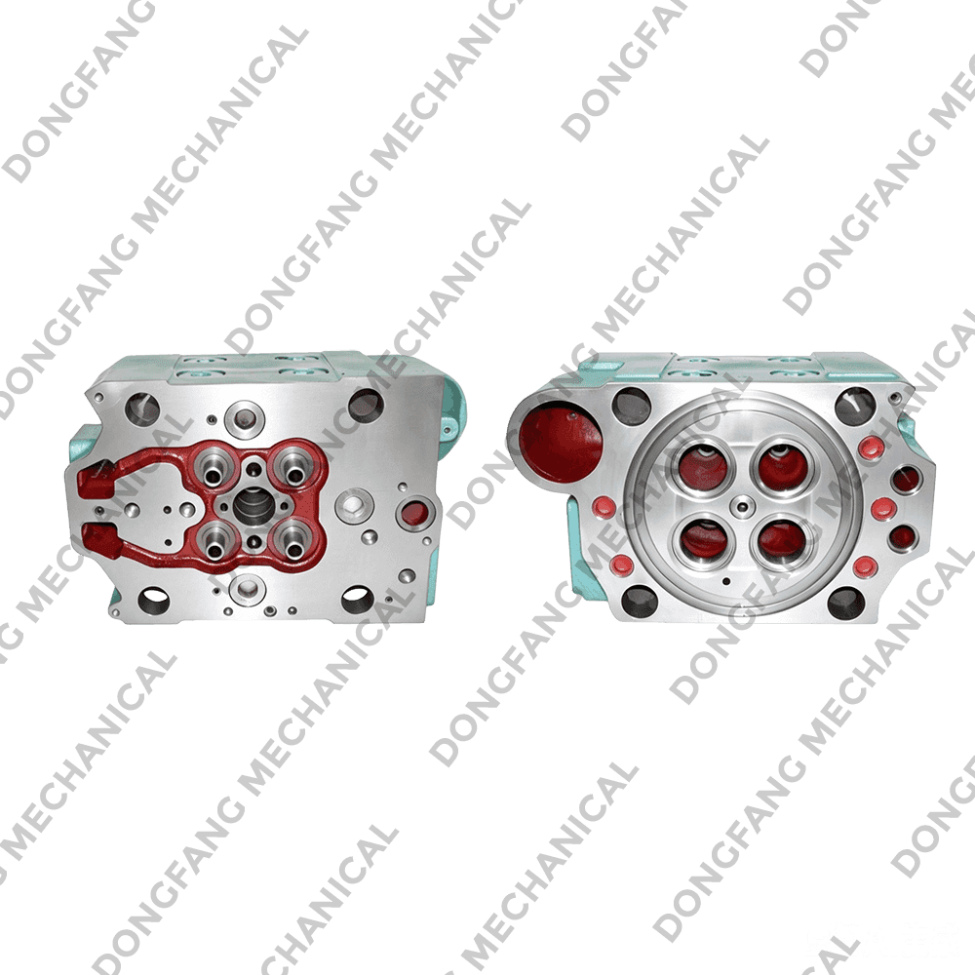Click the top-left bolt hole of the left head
coord(142,409)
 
